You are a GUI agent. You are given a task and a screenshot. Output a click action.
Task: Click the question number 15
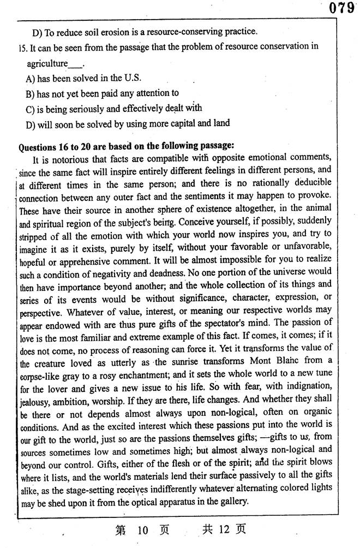23,47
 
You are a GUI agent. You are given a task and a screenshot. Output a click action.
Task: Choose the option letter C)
31,109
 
